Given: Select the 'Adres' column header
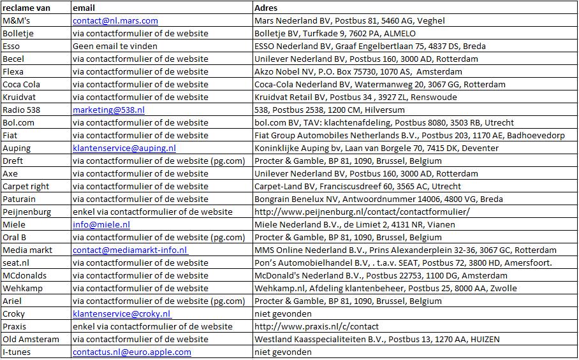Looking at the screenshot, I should click(x=267, y=8).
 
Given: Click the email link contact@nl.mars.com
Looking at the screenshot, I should click(x=115, y=20).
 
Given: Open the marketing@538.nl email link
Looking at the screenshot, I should click(x=108, y=110).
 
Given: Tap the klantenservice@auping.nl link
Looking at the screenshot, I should click(x=124, y=148).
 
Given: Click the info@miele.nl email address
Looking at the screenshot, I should click(x=101, y=224).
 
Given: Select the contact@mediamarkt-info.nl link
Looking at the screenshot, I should click(x=129, y=250).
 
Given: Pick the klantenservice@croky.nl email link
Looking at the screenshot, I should click(x=121, y=313).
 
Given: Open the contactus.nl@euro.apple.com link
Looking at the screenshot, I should click(x=131, y=352).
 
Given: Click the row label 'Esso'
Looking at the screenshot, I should click(x=11, y=46).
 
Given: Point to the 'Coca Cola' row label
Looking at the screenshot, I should click(x=21, y=84).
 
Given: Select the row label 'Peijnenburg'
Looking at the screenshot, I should click(x=27, y=212).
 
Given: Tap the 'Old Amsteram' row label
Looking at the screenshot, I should click(x=31, y=339).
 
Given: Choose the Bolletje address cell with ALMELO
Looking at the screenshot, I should click(x=335, y=33).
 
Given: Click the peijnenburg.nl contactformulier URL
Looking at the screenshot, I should click(x=362, y=212).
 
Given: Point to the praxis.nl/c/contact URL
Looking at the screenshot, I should click(x=316, y=326).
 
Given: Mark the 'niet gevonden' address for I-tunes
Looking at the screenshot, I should click(x=283, y=352).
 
